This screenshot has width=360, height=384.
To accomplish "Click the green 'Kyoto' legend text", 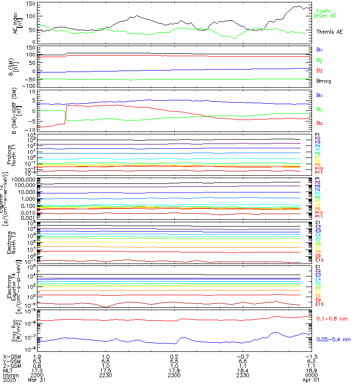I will pos(323,10).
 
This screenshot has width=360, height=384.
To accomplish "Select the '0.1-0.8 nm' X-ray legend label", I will pos(332,318).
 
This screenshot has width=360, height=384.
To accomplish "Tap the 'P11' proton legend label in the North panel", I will pos(318,172).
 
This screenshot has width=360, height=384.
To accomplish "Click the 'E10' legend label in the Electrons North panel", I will pos(320,260).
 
